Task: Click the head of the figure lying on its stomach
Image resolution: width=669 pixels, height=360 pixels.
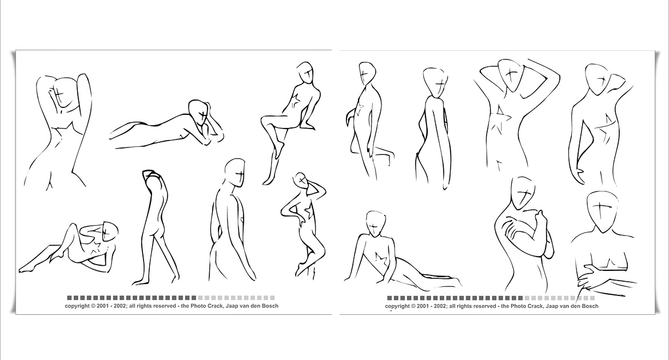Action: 197,112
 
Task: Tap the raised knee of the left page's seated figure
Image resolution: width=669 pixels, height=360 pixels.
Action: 265,121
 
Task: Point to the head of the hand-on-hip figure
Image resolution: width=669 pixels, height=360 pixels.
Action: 301,181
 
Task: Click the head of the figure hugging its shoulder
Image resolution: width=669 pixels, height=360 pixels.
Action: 523,194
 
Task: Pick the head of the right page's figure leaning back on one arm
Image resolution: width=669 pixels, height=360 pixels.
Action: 376,223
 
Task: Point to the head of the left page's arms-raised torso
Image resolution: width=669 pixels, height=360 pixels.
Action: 63,93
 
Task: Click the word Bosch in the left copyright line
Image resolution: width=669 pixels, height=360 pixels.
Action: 270,306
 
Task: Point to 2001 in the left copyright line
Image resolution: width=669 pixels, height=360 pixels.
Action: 103,306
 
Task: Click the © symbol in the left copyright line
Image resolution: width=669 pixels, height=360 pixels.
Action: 93,306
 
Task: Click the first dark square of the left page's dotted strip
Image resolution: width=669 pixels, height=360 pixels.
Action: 70,298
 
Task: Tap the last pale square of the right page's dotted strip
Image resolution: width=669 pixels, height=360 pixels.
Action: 592,298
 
